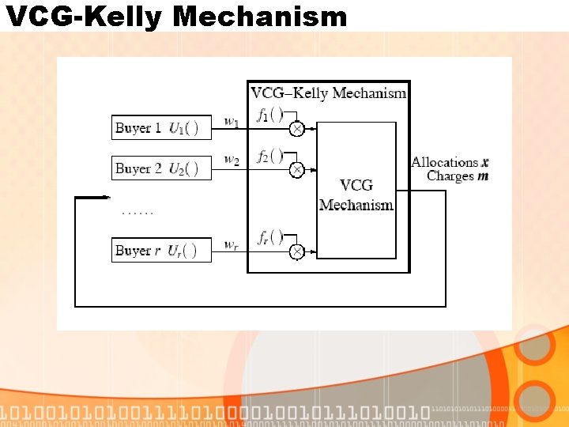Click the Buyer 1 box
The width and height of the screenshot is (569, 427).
(161, 127)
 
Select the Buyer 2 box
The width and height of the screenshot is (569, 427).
(161, 168)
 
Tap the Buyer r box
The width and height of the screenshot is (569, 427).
(161, 251)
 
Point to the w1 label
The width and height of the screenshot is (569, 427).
(232, 122)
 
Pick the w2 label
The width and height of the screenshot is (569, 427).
(232, 161)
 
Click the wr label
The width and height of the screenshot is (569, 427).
(232, 244)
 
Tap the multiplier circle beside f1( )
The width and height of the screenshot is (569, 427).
(296, 129)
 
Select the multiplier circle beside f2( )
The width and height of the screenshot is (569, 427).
(296, 169)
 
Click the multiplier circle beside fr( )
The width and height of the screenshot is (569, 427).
(296, 251)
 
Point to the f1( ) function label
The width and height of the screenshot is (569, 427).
(270, 115)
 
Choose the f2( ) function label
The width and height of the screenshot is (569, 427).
(270, 156)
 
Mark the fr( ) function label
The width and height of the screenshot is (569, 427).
(270, 237)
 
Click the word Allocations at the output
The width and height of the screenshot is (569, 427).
(445, 162)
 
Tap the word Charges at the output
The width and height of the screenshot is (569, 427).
(450, 176)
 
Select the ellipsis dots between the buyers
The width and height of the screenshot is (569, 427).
(138, 212)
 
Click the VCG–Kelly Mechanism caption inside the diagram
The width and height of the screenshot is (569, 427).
(329, 93)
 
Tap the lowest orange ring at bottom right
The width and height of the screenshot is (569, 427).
(538, 398)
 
